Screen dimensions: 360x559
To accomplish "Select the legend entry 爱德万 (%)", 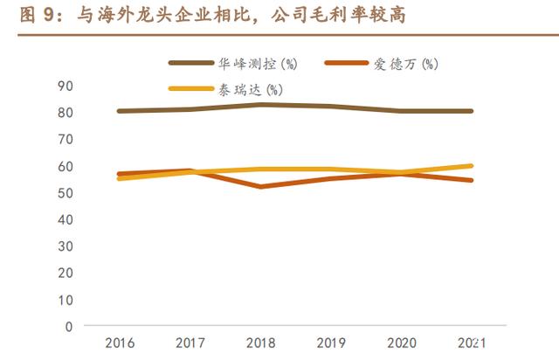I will (407, 64).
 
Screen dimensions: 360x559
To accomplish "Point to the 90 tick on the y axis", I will (66, 86).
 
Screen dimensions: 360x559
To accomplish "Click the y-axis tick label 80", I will (66, 112).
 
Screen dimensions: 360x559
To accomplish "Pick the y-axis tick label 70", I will (66, 139).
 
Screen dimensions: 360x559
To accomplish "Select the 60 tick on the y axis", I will (66, 166).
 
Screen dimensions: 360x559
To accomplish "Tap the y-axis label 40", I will (66, 219).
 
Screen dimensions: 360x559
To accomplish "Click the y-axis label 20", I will (66, 273).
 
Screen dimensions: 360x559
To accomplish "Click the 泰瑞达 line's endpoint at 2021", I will (472, 166).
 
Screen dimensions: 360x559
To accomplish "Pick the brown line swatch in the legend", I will (191, 64).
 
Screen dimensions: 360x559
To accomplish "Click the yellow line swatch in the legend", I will (191, 89).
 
